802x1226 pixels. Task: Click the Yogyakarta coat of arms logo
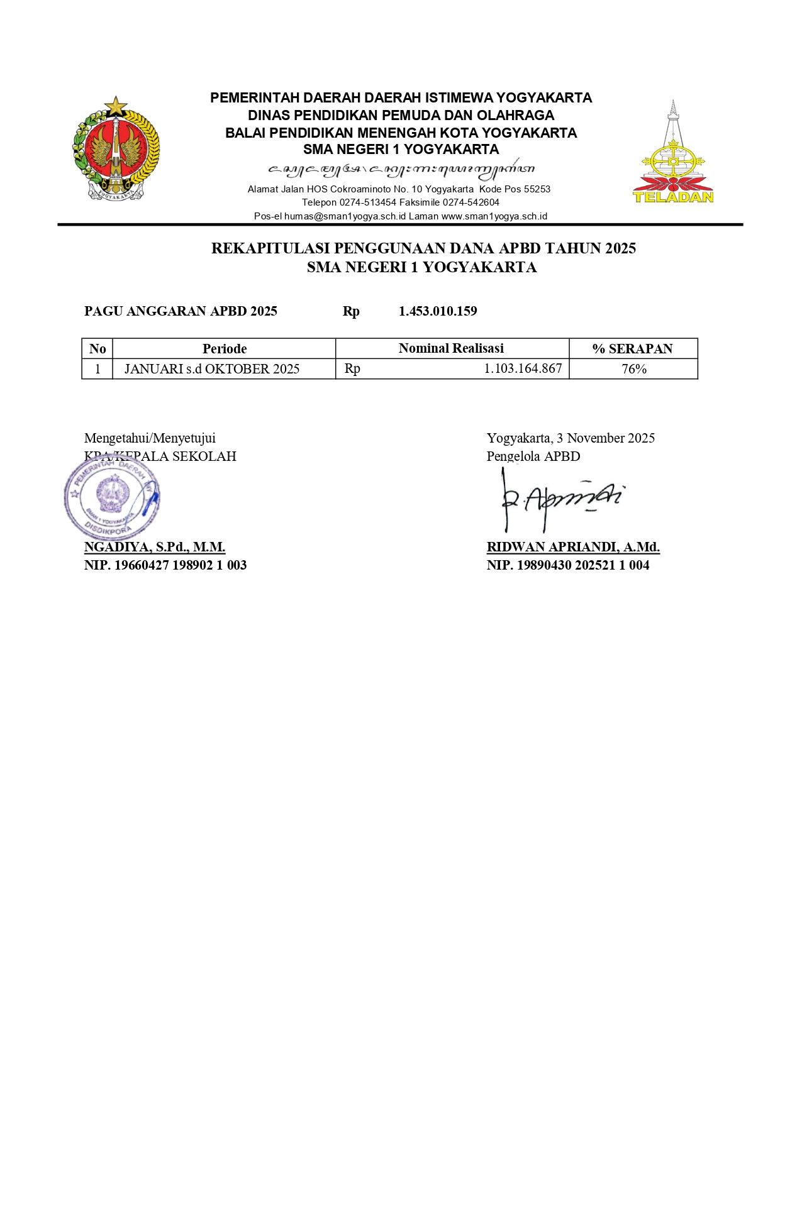tap(116, 149)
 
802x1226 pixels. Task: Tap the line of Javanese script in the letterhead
tap(401, 169)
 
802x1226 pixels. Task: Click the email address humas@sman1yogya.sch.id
tap(345, 216)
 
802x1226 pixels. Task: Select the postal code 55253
tap(537, 189)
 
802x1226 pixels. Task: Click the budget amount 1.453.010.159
tap(438, 311)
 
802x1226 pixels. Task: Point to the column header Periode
tap(225, 349)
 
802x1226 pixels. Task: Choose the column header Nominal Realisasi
tap(451, 348)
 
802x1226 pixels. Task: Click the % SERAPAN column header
tap(632, 349)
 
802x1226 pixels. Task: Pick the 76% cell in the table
tap(634, 369)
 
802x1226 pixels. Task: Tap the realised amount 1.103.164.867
tap(523, 368)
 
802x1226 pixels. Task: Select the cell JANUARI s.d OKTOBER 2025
tap(212, 369)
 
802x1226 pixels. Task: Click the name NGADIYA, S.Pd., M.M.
tap(155, 547)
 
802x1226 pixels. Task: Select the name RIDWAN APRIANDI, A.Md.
tap(573, 547)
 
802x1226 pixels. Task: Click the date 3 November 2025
tap(606, 438)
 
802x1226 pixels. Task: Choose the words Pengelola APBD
tap(533, 456)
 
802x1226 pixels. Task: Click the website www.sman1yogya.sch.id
tap(494, 216)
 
